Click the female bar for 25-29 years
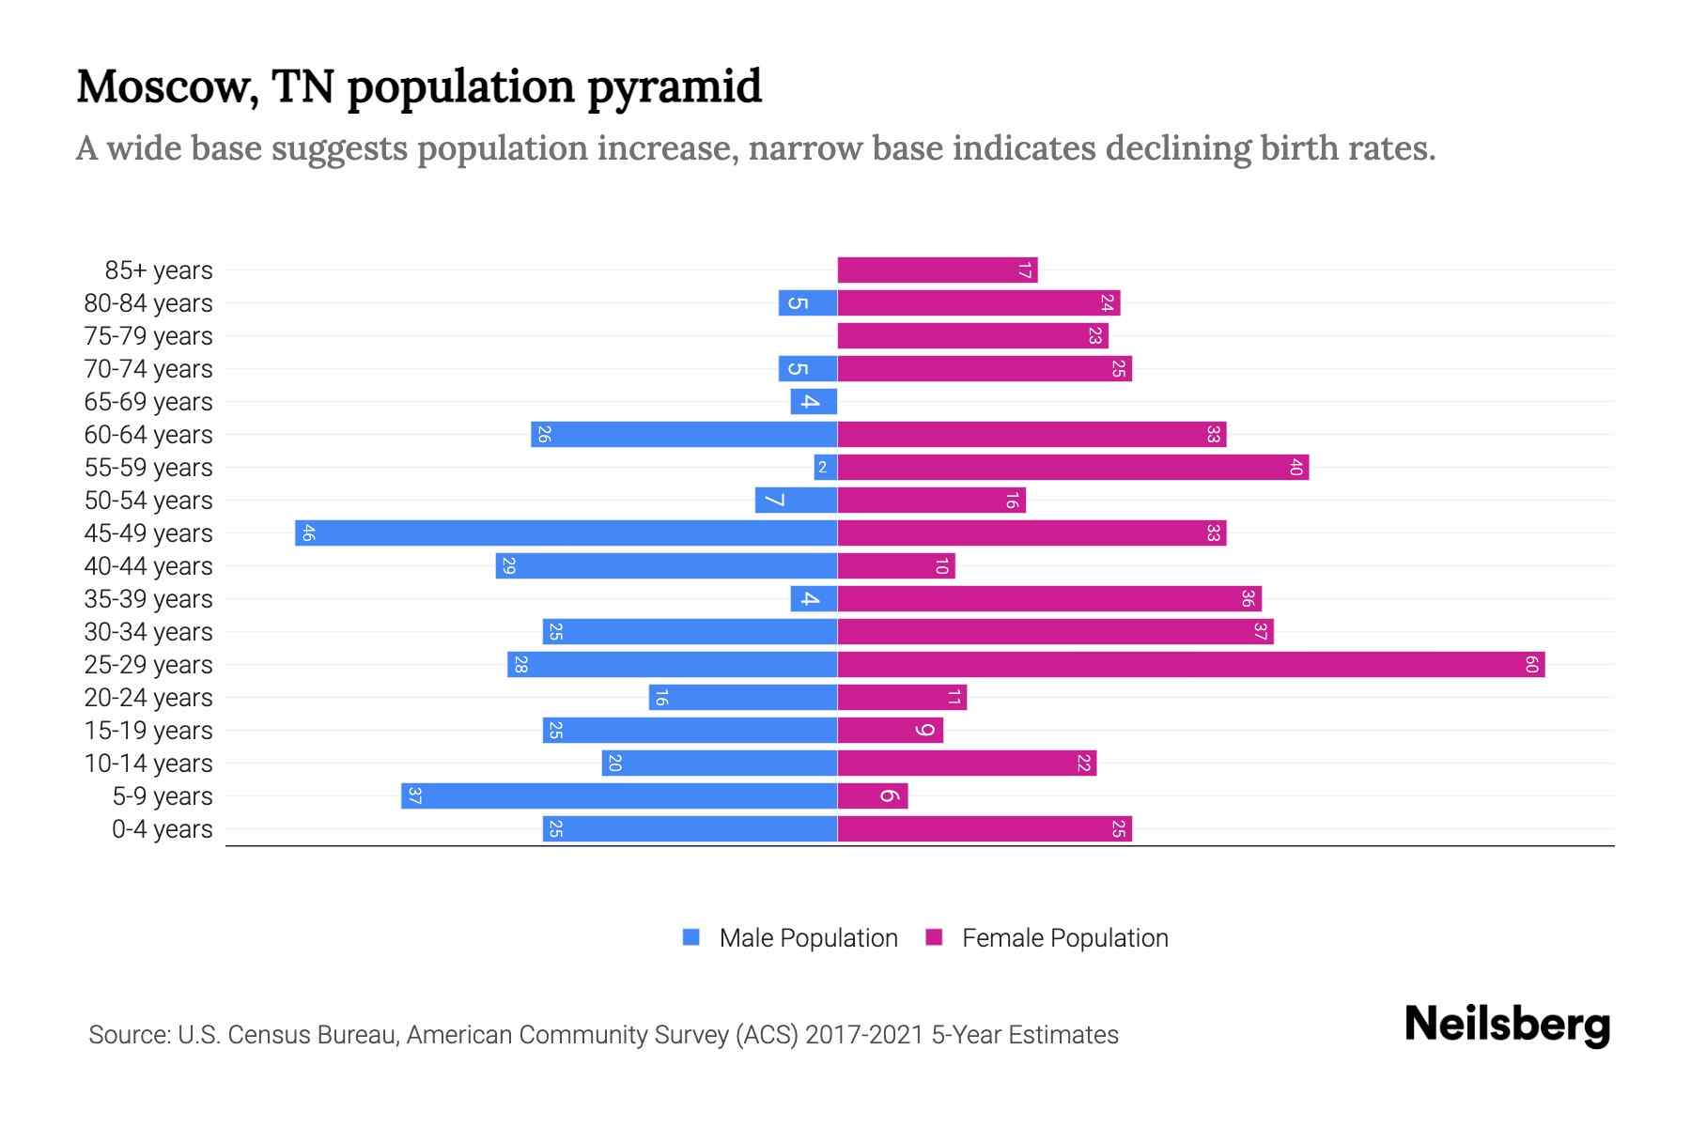pyautogui.click(x=1190, y=665)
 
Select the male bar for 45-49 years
pyautogui.click(x=566, y=533)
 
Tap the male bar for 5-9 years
pyautogui.click(x=618, y=796)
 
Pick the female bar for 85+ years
pyautogui.click(x=937, y=270)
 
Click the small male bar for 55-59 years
pyautogui.click(x=825, y=468)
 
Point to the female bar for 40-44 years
pyautogui.click(x=895, y=566)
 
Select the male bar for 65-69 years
pyautogui.click(x=814, y=402)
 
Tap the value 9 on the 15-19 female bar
pyautogui.click(x=925, y=731)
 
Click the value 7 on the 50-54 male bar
pyautogui.click(x=774, y=501)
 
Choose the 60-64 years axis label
pyautogui.click(x=148, y=435)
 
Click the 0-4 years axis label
pyautogui.click(x=162, y=829)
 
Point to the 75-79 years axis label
pyautogui.click(x=148, y=336)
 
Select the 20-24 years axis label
pyautogui.click(x=148, y=698)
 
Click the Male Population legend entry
pyautogui.click(x=808, y=938)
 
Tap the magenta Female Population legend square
pyautogui.click(x=934, y=937)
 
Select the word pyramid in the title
pyautogui.click(x=675, y=88)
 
